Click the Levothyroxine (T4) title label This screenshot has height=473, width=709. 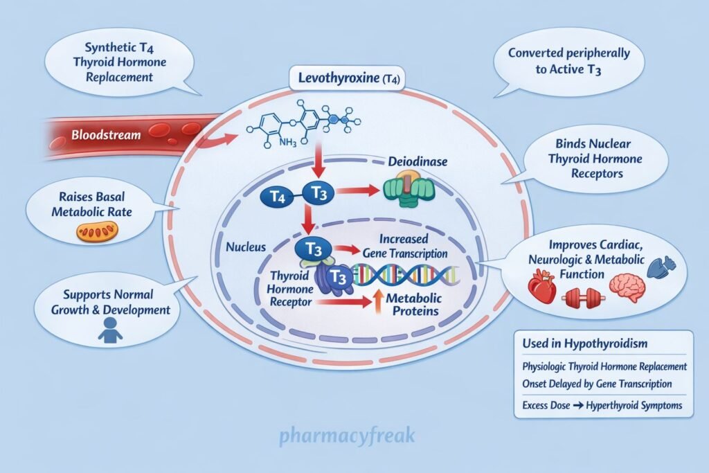point(343,78)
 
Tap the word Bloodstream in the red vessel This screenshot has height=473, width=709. point(105,135)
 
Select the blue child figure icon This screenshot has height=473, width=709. point(109,330)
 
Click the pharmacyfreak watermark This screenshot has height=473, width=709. point(346,437)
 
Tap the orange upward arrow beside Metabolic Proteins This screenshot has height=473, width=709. point(359,304)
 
